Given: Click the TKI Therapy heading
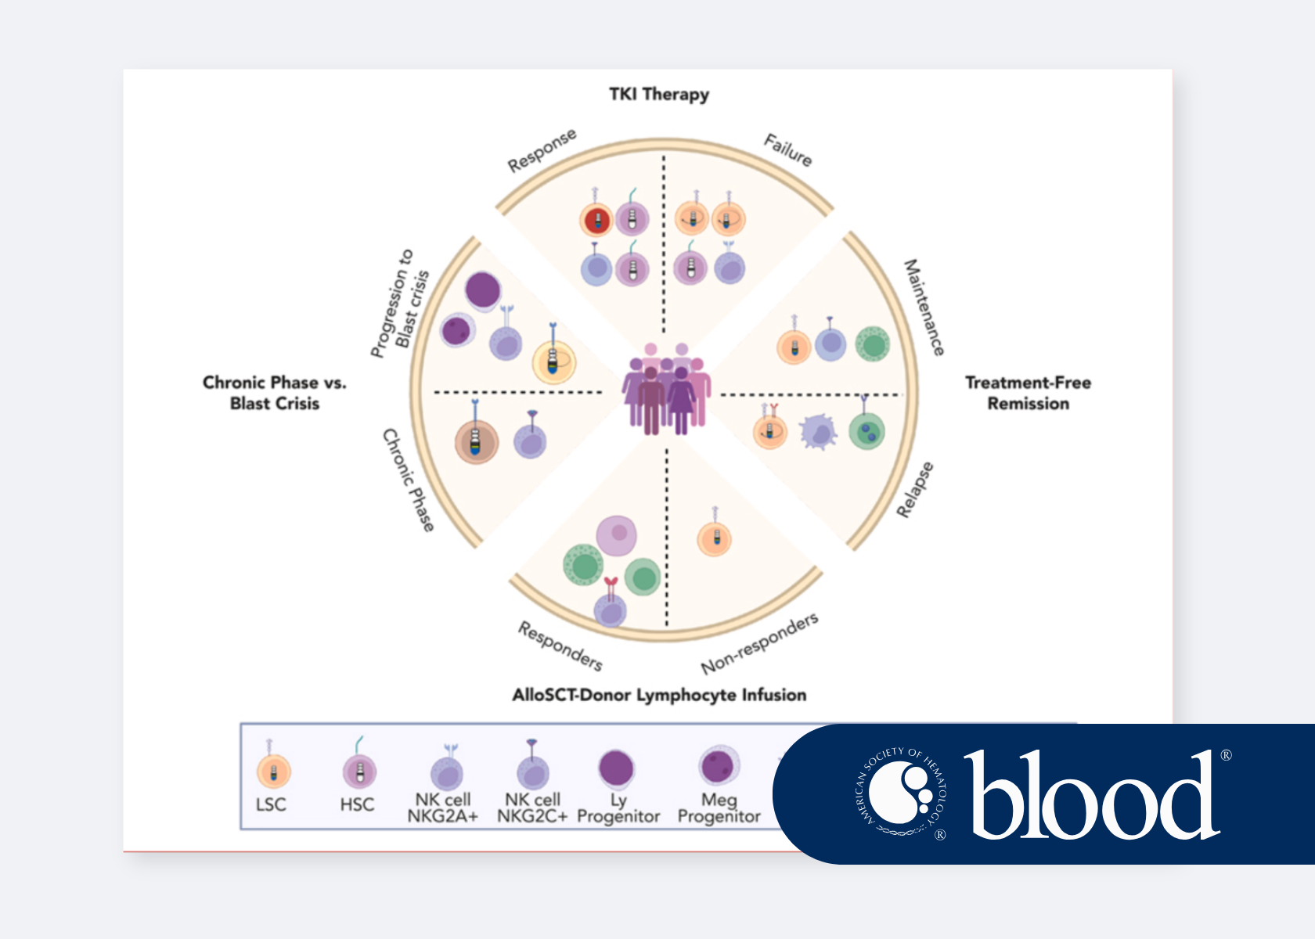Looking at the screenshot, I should pyautogui.click(x=659, y=95).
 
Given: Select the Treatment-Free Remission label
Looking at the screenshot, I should pyautogui.click(x=1028, y=393).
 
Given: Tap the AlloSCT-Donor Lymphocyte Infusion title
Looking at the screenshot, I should pyautogui.click(x=659, y=695).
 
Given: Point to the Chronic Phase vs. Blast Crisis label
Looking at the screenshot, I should pyautogui.click(x=274, y=393).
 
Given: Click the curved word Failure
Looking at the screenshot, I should pyautogui.click(x=788, y=150).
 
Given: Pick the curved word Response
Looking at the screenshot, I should pyautogui.click(x=542, y=150).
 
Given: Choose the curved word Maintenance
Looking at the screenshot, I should pyautogui.click(x=924, y=308).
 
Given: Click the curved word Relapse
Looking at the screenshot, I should pyautogui.click(x=915, y=490).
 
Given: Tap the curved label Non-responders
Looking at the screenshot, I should pyautogui.click(x=759, y=643).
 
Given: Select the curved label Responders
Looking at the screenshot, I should pyautogui.click(x=560, y=646).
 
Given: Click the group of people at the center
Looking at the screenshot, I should pyautogui.click(x=666, y=389).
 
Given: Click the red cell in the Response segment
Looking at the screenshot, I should pyautogui.click(x=596, y=221).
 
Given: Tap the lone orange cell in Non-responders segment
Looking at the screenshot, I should pyautogui.click(x=714, y=539).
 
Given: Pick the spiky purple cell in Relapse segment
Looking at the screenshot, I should pyautogui.click(x=818, y=431).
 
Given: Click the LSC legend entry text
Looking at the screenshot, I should pyautogui.click(x=271, y=805).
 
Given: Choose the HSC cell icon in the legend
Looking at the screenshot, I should pyautogui.click(x=359, y=772).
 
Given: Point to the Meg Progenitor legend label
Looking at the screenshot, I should pyautogui.click(x=719, y=808).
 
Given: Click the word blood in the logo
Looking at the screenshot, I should pyautogui.click(x=1092, y=796).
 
